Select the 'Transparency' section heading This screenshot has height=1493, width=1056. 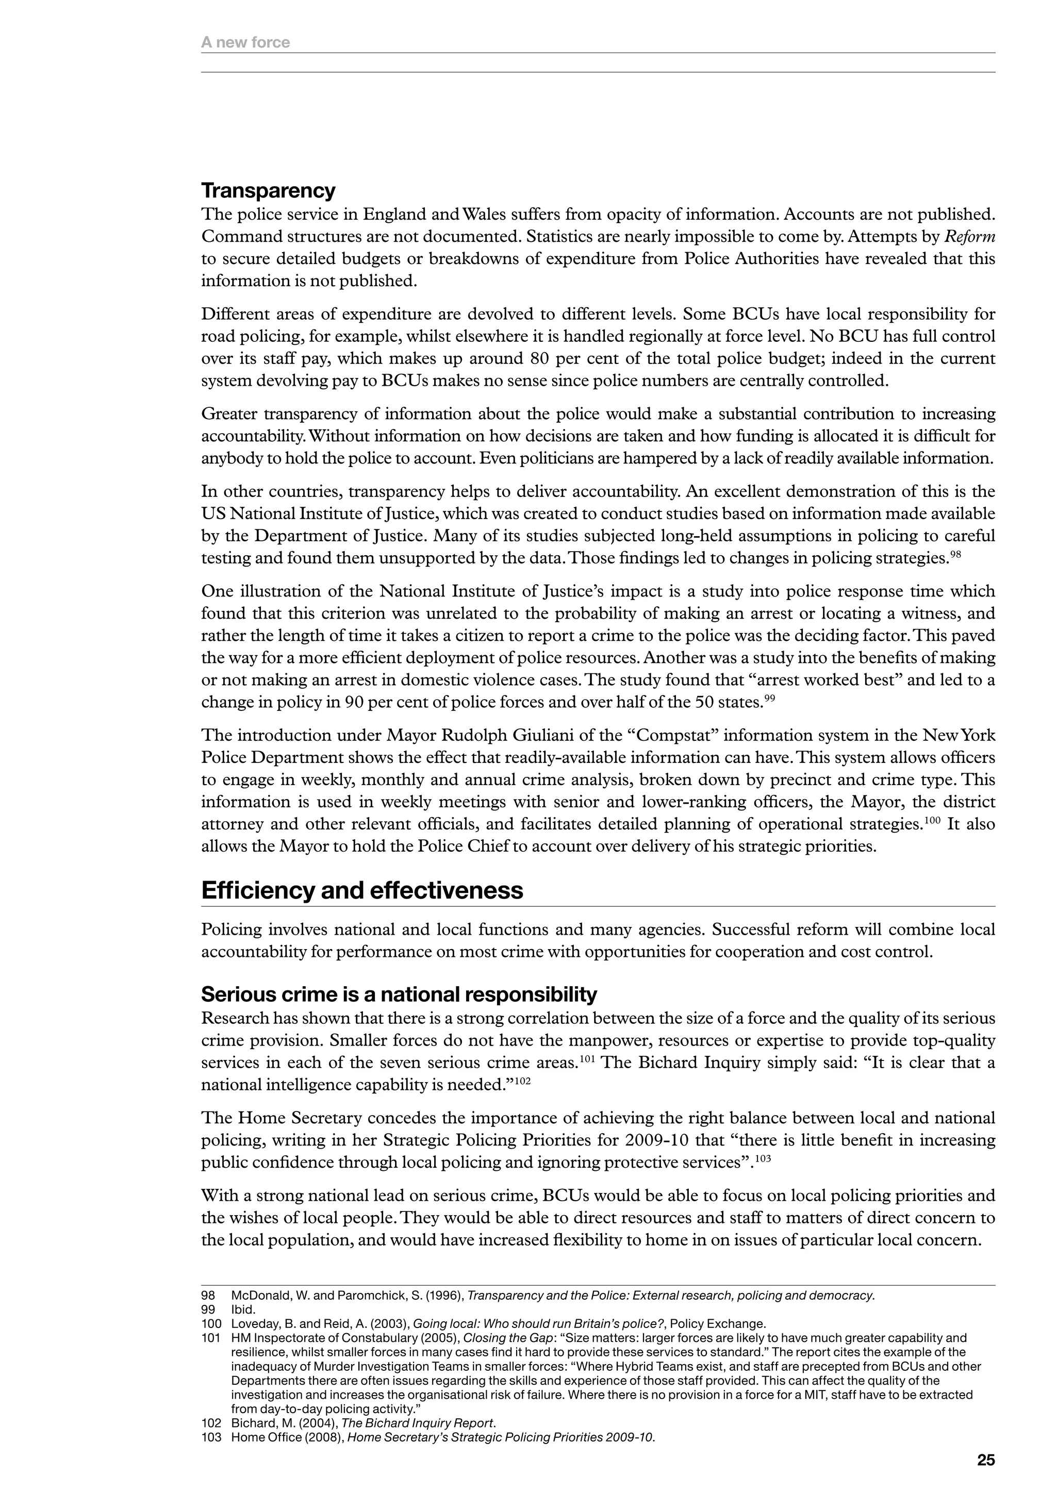tap(268, 191)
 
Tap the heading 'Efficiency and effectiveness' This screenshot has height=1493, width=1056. tap(361, 890)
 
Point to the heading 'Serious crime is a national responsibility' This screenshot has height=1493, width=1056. tap(399, 994)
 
